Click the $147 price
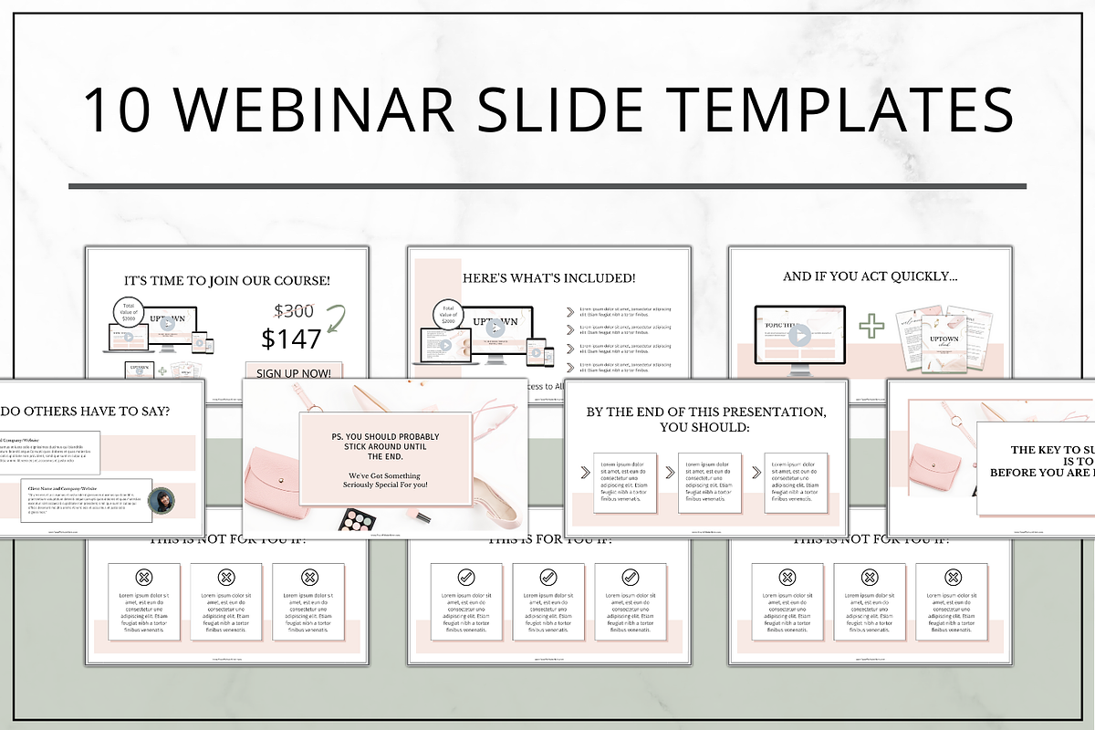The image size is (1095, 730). [291, 339]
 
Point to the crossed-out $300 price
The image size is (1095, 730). [295, 310]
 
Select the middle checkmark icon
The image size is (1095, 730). [547, 577]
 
